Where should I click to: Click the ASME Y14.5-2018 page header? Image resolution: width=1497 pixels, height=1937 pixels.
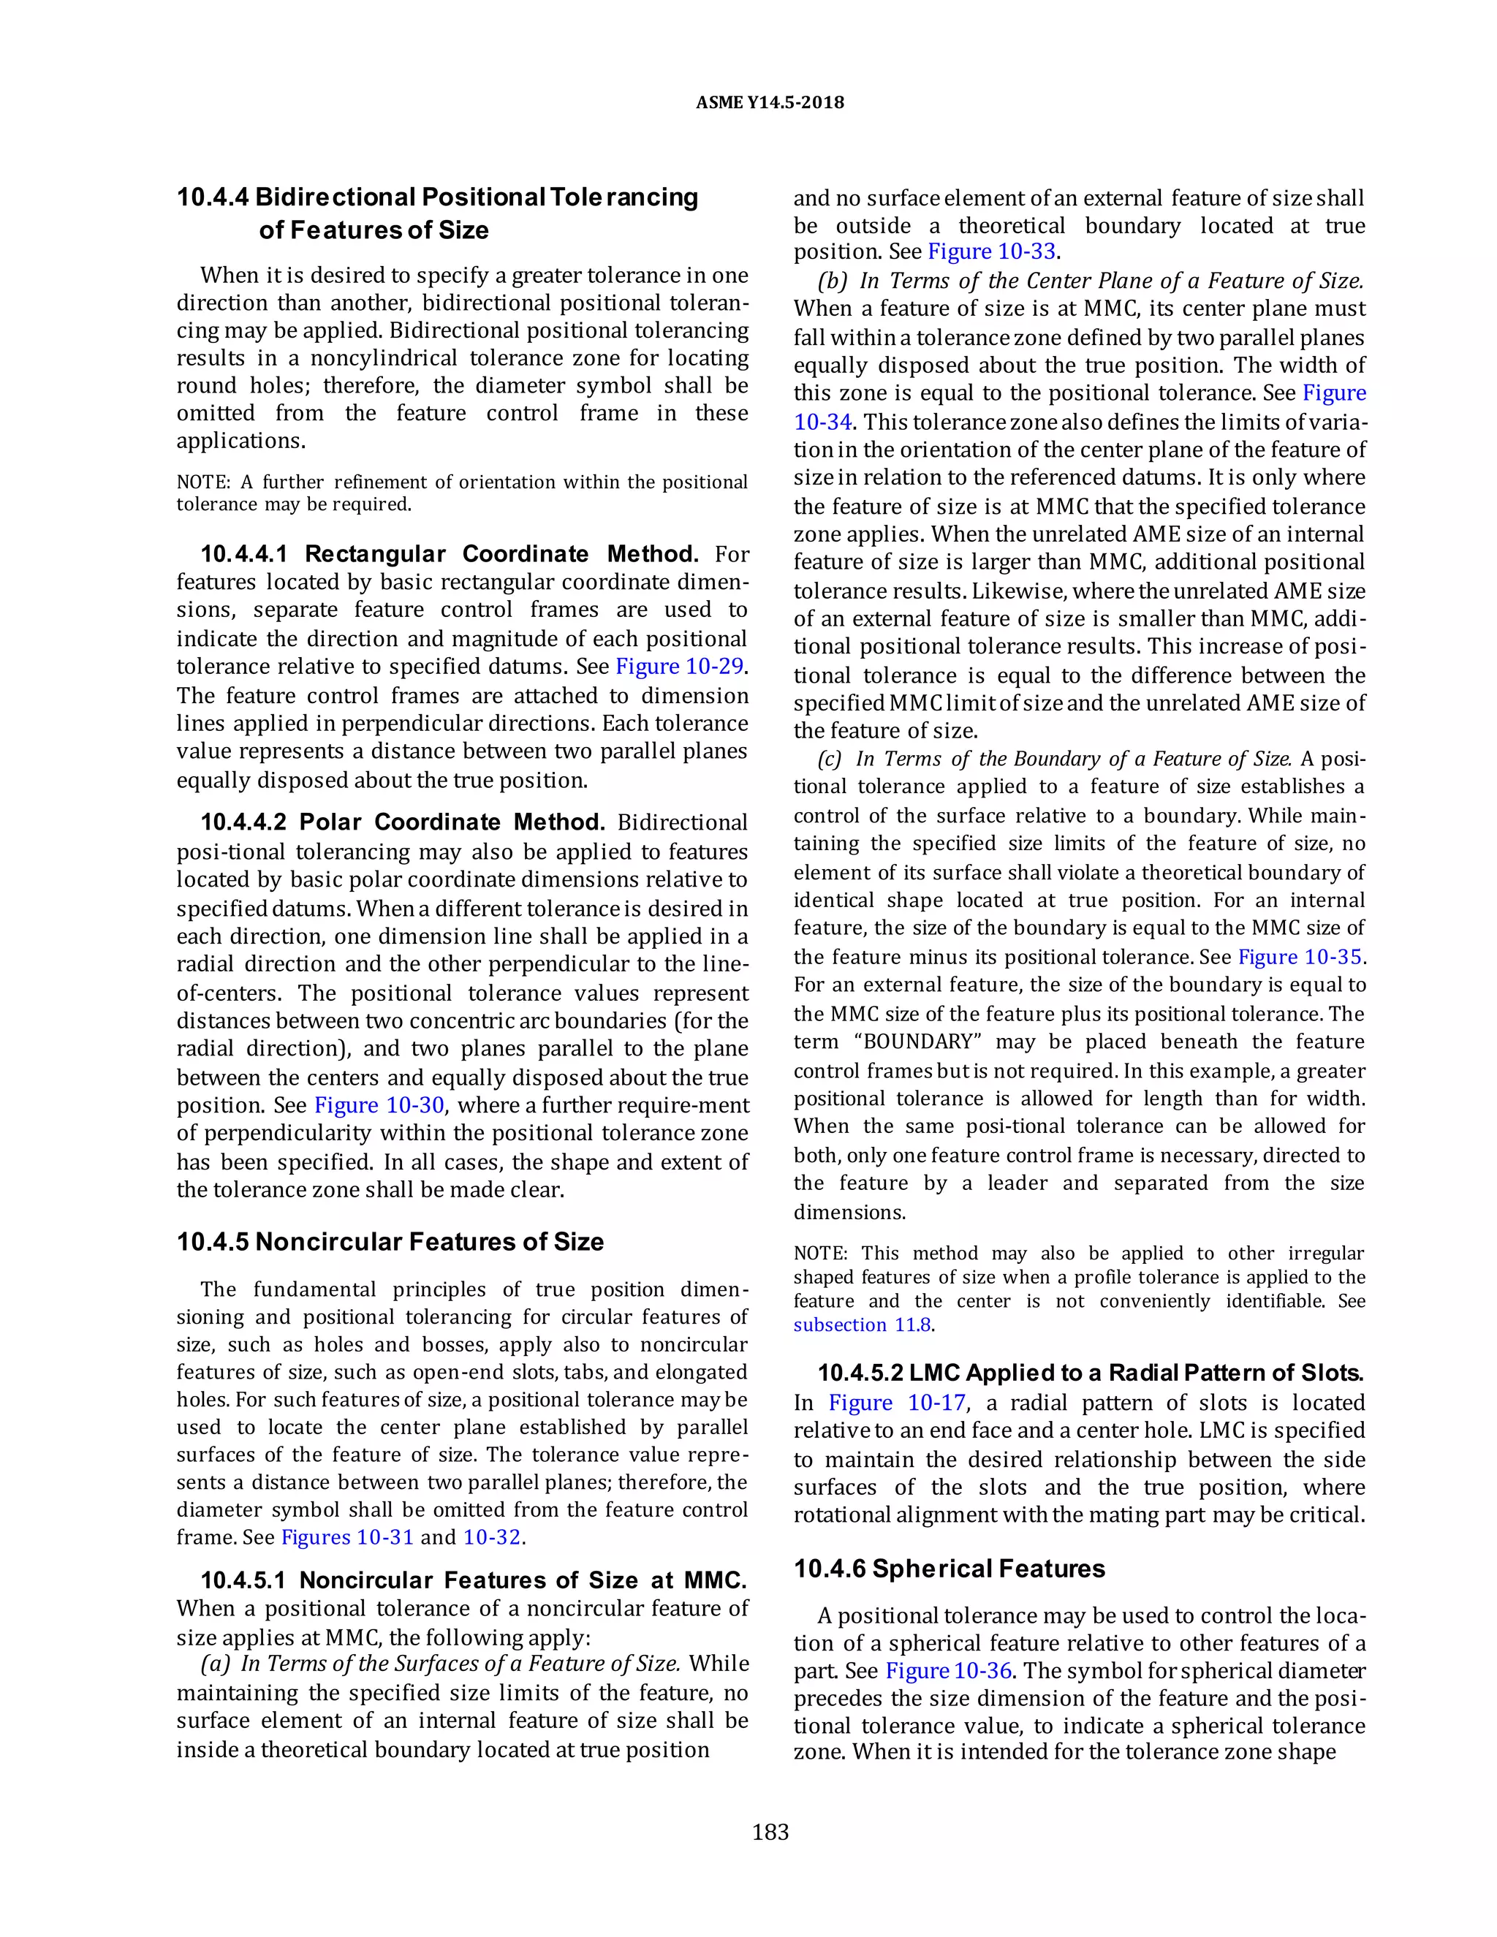click(770, 103)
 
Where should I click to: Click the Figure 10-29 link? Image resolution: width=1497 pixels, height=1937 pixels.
click(679, 666)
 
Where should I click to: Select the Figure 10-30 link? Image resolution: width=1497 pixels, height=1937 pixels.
click(379, 1105)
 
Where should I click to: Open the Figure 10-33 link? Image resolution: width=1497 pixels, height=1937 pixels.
click(991, 252)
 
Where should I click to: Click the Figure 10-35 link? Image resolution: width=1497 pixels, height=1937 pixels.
click(1300, 957)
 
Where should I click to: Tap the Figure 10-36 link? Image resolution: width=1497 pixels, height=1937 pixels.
click(948, 1671)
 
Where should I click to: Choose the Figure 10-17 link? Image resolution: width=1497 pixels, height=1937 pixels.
click(898, 1403)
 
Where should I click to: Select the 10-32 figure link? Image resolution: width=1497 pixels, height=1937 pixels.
click(492, 1537)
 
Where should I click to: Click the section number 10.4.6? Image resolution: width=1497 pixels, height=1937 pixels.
click(829, 1569)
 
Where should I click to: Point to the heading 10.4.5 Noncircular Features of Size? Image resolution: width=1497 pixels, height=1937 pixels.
click(390, 1242)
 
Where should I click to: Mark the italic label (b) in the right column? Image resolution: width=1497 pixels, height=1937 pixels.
click(833, 281)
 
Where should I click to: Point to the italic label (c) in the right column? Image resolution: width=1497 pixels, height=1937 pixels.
click(832, 759)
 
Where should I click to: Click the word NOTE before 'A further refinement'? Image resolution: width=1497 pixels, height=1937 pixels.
click(202, 482)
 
